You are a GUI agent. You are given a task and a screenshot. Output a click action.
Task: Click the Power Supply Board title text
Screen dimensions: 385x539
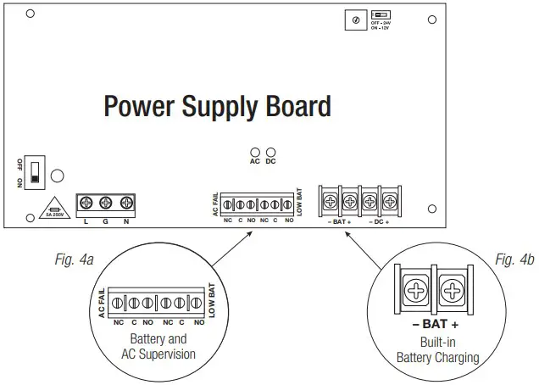(217, 107)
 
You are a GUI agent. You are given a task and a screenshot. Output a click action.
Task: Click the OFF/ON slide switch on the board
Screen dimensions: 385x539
(35, 173)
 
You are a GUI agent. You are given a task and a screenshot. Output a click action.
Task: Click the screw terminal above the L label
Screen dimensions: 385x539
(86, 203)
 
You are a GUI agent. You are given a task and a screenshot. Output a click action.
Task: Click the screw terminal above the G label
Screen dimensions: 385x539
(106, 203)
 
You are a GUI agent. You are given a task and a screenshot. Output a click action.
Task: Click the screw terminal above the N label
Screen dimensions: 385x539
(126, 203)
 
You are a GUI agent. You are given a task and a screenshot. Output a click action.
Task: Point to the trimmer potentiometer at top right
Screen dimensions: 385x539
(355, 20)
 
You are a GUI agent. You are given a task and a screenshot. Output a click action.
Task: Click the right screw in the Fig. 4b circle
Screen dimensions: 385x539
(453, 291)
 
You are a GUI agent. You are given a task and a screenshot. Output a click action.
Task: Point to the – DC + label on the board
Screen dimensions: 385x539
(380, 221)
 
